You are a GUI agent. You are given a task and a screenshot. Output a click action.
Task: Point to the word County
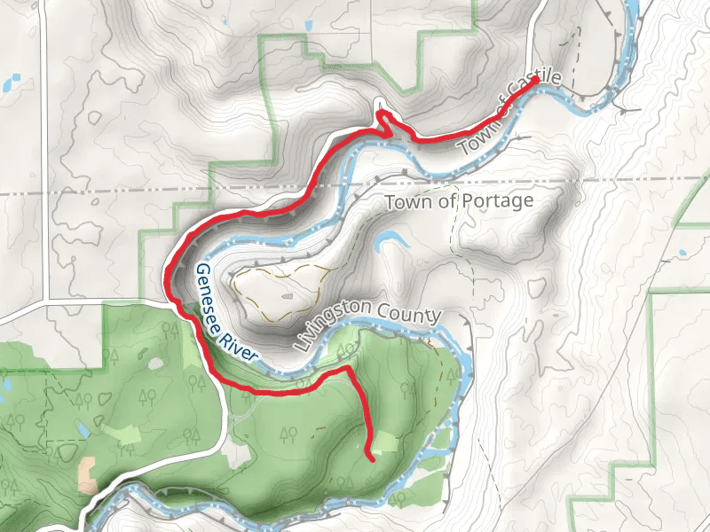tap(407, 314)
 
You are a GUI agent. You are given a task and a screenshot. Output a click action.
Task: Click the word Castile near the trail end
tap(532, 88)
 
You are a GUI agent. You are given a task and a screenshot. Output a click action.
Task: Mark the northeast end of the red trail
tap(536, 80)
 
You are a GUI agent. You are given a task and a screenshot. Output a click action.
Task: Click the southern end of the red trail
tap(370, 460)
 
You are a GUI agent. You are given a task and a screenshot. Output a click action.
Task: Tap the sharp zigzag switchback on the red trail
tap(384, 120)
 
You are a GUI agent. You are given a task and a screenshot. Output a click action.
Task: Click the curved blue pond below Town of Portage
tap(389, 241)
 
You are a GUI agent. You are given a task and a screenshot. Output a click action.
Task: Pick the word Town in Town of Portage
tap(406, 203)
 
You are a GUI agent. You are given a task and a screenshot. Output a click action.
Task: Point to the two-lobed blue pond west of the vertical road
tap(10, 84)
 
